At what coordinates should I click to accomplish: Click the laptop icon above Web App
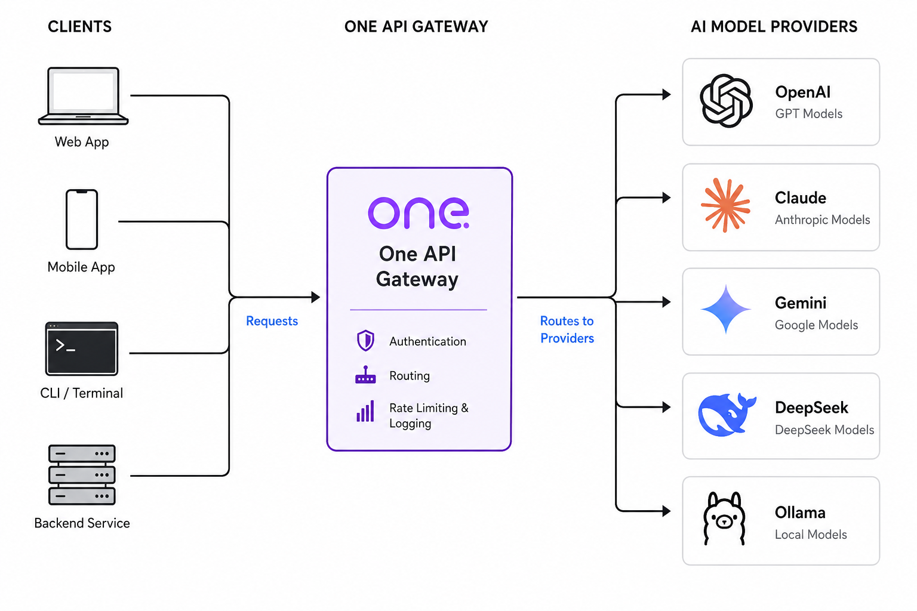[x=83, y=96]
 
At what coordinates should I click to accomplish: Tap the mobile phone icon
[x=82, y=220]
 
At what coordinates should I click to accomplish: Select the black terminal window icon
[x=82, y=348]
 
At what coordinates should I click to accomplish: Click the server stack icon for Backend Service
[x=82, y=475]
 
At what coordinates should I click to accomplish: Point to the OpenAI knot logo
[x=726, y=101]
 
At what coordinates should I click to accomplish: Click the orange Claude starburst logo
[x=725, y=205]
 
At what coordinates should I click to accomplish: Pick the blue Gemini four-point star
[x=726, y=310]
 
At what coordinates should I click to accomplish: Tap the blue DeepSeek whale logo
[x=727, y=415]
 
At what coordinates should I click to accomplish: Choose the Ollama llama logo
[x=724, y=519]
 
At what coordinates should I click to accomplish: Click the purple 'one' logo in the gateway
[x=419, y=213]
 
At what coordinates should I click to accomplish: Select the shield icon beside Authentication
[x=365, y=341]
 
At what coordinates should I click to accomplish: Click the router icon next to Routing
[x=365, y=375]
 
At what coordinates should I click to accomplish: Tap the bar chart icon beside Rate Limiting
[x=365, y=411]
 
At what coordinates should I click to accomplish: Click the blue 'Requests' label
[x=272, y=321]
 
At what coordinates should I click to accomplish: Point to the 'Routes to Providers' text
[x=567, y=329]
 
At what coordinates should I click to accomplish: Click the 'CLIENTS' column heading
[x=80, y=27]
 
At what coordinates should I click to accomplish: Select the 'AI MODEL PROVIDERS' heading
[x=774, y=27]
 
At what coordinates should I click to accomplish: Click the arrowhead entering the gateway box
[x=316, y=297]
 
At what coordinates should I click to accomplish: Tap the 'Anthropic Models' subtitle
[x=823, y=220]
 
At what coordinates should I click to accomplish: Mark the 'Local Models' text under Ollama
[x=811, y=535]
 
